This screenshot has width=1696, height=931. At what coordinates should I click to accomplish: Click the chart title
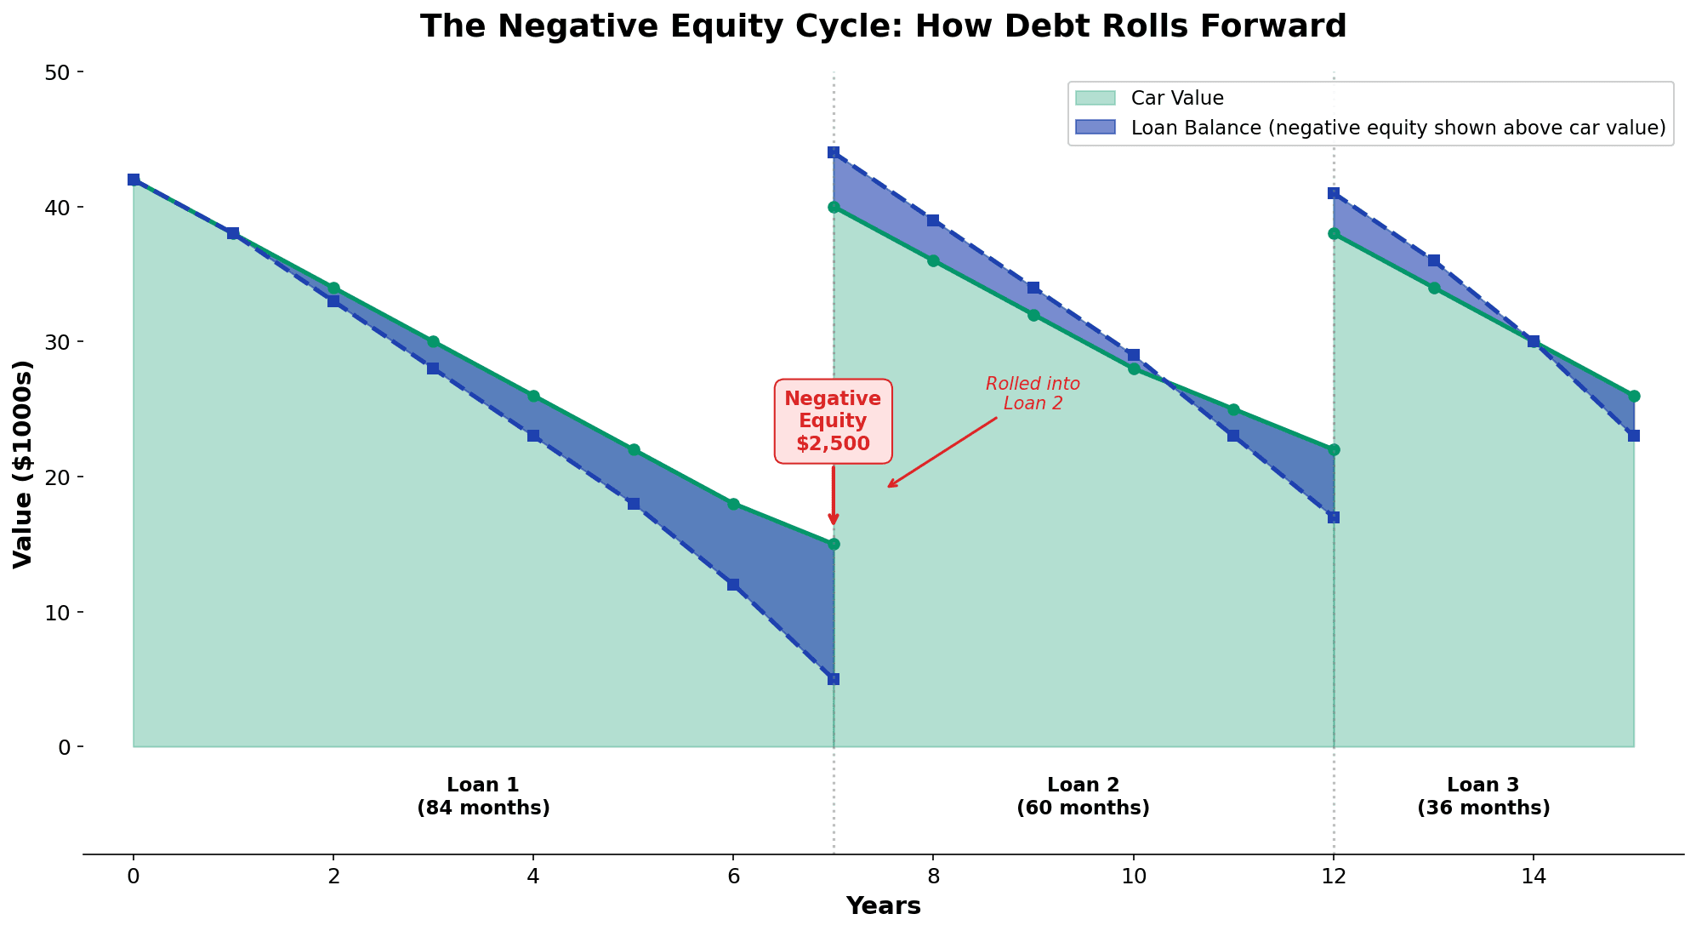[x=883, y=26]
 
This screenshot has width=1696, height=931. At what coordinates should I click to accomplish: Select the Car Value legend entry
[x=1177, y=99]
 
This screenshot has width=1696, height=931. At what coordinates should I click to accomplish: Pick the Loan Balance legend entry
[x=1397, y=128]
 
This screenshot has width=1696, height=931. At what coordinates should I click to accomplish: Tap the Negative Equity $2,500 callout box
[x=833, y=421]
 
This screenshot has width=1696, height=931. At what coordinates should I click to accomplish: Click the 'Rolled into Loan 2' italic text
[x=1033, y=393]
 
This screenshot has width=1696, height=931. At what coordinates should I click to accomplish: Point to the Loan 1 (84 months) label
[x=483, y=797]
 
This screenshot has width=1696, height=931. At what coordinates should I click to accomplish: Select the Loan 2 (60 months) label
[x=1083, y=797]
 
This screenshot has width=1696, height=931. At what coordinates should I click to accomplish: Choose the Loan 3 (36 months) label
[x=1483, y=797]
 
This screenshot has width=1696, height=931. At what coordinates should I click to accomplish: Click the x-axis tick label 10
[x=1133, y=876]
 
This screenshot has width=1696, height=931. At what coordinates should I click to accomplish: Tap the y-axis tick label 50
[x=59, y=72]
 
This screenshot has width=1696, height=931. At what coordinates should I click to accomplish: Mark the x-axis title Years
[x=883, y=906]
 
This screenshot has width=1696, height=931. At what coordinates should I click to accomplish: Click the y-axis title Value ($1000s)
[x=23, y=464]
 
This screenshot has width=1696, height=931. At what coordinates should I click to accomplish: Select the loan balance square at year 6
[x=733, y=585]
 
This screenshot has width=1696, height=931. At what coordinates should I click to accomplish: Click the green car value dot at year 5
[x=634, y=449]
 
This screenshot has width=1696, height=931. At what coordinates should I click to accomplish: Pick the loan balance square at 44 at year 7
[x=834, y=152]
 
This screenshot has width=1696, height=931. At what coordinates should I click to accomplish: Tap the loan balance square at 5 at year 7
[x=834, y=679]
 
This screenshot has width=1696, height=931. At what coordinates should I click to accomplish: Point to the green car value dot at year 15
[x=1634, y=396]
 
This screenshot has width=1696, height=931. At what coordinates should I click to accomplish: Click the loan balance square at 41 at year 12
[x=1334, y=193]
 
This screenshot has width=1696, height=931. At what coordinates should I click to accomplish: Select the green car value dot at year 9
[x=1033, y=315]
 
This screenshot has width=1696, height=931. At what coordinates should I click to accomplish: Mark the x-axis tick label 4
[x=533, y=876]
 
